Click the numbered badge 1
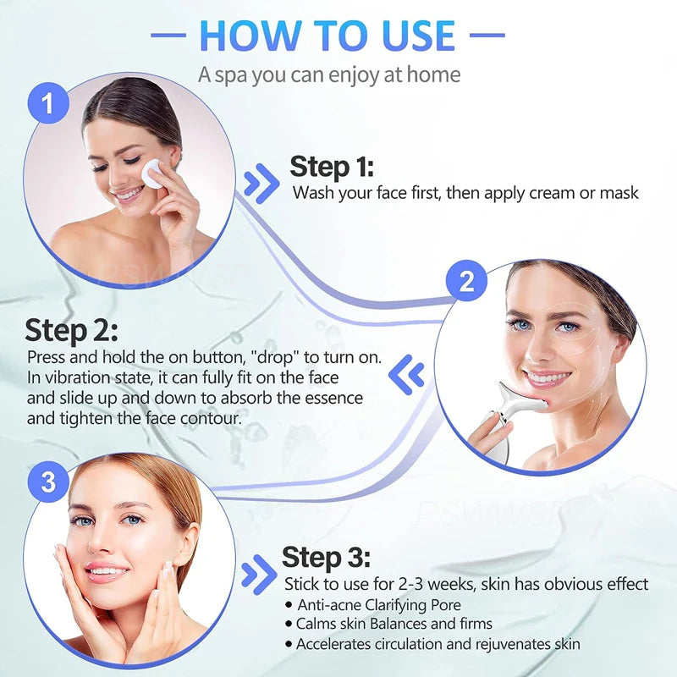click(x=49, y=105)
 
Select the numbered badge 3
click(x=49, y=483)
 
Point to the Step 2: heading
click(x=71, y=330)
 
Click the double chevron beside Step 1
click(x=261, y=184)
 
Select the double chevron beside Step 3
click(x=258, y=575)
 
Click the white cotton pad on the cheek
click(x=155, y=174)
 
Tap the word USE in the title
click(x=416, y=36)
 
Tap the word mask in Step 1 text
click(x=619, y=193)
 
